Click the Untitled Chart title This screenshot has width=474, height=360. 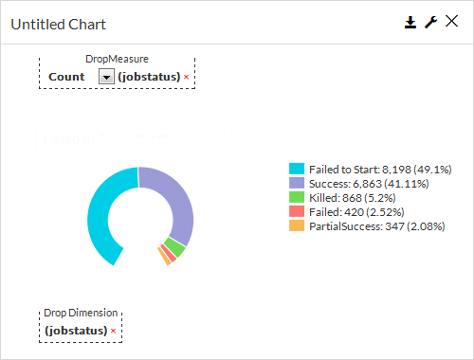(59, 24)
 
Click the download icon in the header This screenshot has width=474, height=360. (410, 23)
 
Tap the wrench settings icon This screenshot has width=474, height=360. (430, 23)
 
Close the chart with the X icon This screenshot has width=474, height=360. (451, 23)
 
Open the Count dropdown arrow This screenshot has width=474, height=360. (106, 77)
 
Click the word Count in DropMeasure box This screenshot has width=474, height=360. (66, 77)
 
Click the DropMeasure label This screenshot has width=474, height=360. (117, 59)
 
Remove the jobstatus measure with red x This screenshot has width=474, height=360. (186, 77)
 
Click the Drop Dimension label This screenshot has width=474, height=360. (82, 313)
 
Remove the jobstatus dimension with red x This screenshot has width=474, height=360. (113, 331)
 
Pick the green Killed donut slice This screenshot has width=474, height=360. (173, 247)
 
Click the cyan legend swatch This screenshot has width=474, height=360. (297, 168)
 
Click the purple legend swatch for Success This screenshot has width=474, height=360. (297, 183)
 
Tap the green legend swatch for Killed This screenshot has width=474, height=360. (297, 197)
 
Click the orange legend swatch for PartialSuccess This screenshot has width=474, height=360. (297, 226)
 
